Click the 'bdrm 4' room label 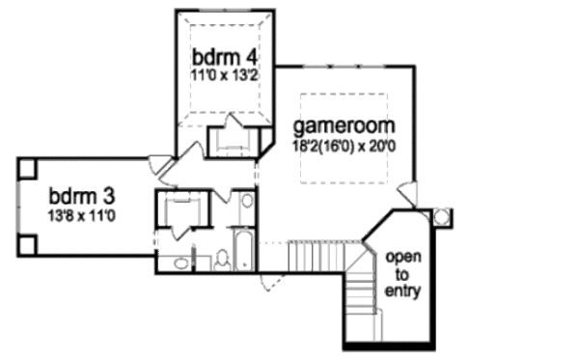coord(221,53)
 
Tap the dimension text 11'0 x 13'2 coord(221,70)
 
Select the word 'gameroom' coord(345,127)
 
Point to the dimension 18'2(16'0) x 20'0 coord(345,146)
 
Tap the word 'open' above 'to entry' coord(402,258)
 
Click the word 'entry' coord(402,290)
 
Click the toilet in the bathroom coord(221,259)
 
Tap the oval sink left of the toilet coord(179,262)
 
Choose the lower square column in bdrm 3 coord(27,245)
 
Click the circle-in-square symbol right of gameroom coord(442,217)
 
